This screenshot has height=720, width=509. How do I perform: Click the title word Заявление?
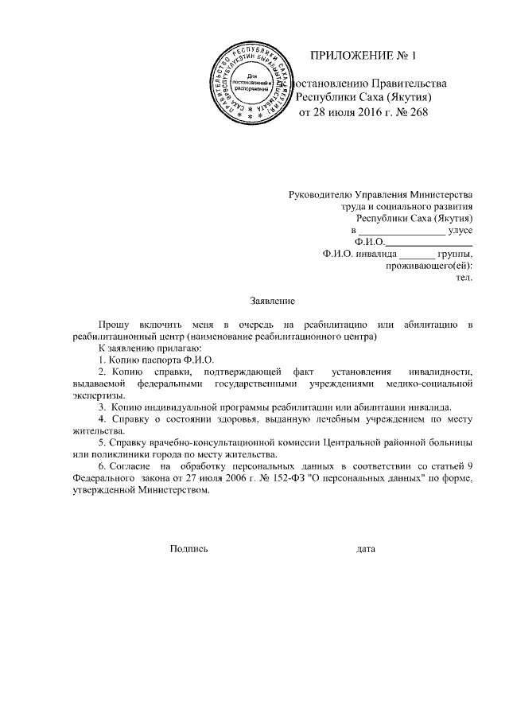pyautogui.click(x=273, y=301)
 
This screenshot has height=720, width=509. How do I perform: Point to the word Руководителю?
pyautogui.click(x=321, y=193)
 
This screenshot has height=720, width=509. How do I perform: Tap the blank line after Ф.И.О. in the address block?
pyautogui.click(x=429, y=241)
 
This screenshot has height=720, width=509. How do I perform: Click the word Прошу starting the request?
pyautogui.click(x=113, y=325)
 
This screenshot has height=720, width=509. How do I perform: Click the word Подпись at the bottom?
pyautogui.click(x=188, y=548)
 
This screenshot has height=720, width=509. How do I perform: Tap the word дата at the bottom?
pyautogui.click(x=366, y=548)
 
